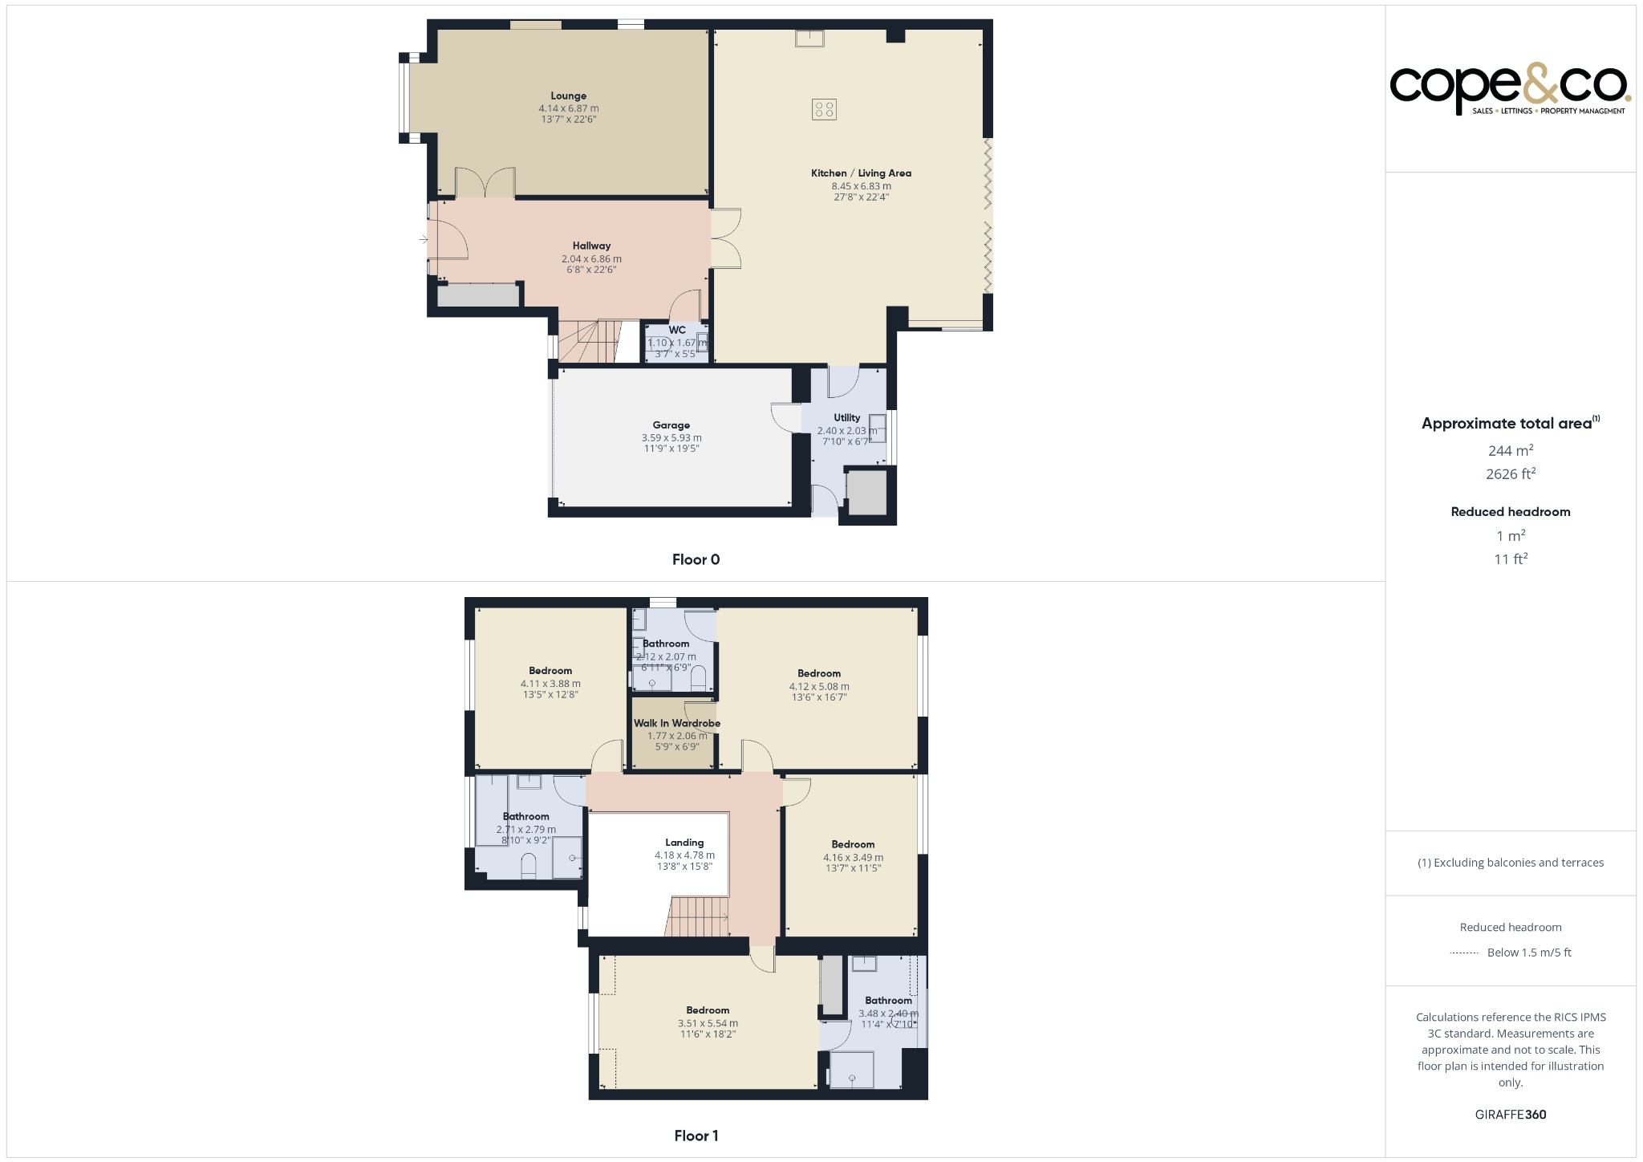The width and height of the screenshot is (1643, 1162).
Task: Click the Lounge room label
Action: [568, 96]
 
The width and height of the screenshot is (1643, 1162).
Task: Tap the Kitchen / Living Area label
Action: [861, 173]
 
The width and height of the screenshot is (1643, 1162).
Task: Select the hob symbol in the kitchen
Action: [824, 109]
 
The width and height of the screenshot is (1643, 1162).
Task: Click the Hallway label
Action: [591, 246]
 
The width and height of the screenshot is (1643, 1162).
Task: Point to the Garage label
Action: [671, 425]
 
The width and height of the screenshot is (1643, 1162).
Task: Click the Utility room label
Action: [846, 417]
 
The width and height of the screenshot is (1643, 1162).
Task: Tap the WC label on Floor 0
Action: [677, 330]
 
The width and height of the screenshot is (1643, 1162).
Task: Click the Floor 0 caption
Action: [696, 560]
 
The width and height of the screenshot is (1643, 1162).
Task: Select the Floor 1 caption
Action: [696, 1136]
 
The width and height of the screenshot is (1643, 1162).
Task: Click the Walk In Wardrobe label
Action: [677, 723]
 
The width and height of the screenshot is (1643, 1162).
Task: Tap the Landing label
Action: [684, 843]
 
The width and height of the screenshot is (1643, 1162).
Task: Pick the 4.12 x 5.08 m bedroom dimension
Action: [819, 687]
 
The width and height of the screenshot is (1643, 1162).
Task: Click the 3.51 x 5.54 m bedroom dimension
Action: [708, 1023]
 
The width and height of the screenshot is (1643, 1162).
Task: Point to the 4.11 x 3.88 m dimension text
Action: [550, 684]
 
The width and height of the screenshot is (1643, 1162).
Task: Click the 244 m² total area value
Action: [1510, 450]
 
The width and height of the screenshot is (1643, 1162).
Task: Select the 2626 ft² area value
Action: [1510, 473]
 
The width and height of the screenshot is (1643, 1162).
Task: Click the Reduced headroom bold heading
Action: [1510, 512]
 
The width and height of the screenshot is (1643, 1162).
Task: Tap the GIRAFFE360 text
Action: [1510, 1115]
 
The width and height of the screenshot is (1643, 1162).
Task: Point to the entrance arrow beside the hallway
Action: [423, 239]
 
